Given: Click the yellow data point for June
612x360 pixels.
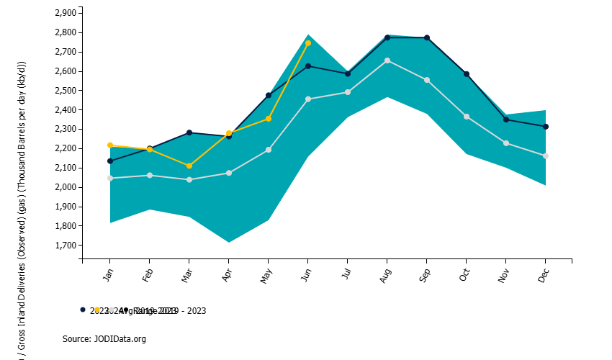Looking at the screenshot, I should point(308,43).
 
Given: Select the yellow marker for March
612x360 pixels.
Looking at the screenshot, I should point(189,166).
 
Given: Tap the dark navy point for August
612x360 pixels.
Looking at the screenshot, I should point(387,37).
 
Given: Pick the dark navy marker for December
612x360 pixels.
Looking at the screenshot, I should point(546,127).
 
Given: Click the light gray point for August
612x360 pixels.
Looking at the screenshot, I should point(387,60).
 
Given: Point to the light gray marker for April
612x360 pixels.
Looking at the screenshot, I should point(229,173).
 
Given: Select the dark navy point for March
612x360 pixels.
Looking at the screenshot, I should point(189,132).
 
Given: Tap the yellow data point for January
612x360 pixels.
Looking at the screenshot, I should point(110,145).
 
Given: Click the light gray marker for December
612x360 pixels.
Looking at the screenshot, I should point(546,156).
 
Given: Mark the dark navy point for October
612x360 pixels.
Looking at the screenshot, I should point(467,74).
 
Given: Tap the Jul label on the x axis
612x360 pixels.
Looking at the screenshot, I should point(347,276).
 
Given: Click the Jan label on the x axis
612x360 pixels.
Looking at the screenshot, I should point(109,276).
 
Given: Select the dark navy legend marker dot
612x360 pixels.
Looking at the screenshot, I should point(83,310).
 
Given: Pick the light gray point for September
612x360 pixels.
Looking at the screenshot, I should point(427,80).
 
